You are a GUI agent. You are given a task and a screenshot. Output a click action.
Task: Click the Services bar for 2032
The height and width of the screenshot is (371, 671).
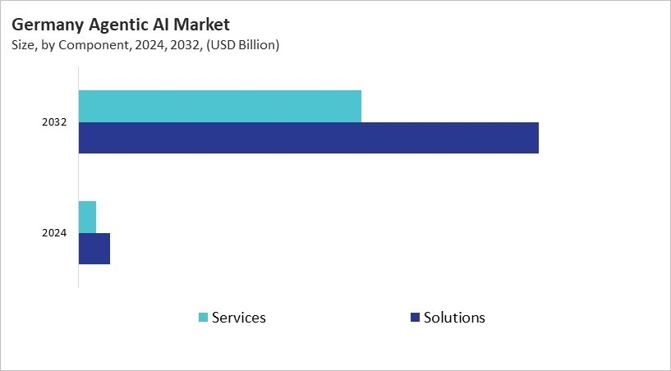(x=220, y=107)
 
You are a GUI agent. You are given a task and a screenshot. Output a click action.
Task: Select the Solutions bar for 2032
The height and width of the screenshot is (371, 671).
(x=309, y=138)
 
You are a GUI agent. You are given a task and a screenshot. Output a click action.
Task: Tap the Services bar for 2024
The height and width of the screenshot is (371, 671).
(x=87, y=217)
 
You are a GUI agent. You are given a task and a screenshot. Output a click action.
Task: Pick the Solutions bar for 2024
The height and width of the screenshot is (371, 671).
(x=94, y=249)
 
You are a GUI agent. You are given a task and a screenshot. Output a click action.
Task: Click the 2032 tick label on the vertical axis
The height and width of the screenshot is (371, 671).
(x=54, y=122)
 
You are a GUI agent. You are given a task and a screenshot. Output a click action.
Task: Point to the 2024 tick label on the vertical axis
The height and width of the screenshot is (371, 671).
(x=54, y=233)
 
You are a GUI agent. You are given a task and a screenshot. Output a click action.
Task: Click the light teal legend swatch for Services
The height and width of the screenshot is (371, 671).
(x=203, y=318)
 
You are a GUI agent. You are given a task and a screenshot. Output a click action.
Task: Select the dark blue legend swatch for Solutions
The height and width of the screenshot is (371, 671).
(x=415, y=318)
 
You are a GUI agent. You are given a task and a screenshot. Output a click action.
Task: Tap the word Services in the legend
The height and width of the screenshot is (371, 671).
(x=239, y=318)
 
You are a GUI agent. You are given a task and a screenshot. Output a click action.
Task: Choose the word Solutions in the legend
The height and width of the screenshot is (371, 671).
(x=454, y=318)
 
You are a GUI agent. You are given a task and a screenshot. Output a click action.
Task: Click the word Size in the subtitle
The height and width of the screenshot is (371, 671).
(x=23, y=45)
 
